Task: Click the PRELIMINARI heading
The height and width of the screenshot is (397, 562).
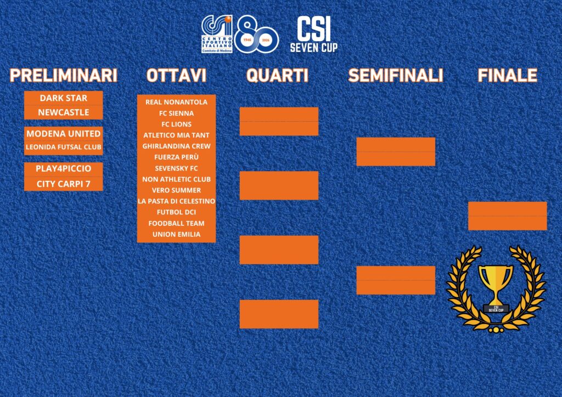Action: coord(64,75)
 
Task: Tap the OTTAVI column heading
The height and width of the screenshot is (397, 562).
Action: coord(176,75)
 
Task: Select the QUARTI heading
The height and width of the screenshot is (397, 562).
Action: coord(277,75)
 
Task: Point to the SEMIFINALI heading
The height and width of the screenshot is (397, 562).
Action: coord(396,75)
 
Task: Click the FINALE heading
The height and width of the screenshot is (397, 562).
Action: coord(508,75)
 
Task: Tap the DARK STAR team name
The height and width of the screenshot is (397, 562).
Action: coord(64,98)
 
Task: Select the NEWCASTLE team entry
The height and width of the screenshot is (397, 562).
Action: coord(64,112)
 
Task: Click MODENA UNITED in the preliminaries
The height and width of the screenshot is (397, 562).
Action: coord(64,134)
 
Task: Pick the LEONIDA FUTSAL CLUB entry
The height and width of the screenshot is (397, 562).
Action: coord(64,147)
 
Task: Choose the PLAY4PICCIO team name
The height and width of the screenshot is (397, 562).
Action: coord(64,168)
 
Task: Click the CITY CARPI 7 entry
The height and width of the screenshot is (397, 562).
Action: coord(64,184)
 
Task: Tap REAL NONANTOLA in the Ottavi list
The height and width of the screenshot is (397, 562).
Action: coord(176,102)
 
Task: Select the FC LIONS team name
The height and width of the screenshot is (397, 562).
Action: coord(176,124)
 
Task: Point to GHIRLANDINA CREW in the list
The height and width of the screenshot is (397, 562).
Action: coord(176,146)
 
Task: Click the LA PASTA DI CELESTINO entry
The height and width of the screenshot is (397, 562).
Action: coord(176,201)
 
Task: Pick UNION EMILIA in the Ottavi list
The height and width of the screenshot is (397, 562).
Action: coord(176,234)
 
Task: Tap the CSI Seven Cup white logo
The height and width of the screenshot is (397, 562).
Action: coord(313,35)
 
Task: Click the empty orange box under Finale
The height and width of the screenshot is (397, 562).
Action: coord(508,216)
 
